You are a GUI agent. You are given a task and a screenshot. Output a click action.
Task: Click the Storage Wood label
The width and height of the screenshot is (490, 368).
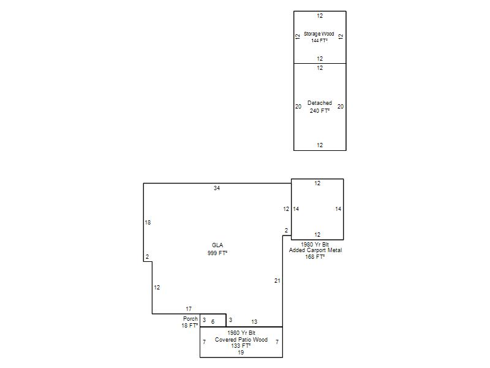[318, 34]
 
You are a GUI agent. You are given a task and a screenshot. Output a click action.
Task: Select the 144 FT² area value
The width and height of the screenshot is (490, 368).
[319, 40]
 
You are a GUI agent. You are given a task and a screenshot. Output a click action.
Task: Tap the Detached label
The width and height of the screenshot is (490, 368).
[319, 103]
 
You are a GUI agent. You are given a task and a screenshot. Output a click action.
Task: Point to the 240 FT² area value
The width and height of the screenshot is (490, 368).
[319, 111]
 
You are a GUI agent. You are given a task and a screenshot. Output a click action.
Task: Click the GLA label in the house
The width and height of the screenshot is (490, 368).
[217, 245]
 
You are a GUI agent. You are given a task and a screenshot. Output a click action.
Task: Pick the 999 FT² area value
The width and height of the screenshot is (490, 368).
[217, 253]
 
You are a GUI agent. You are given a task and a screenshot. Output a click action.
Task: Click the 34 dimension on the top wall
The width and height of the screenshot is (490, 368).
[217, 188]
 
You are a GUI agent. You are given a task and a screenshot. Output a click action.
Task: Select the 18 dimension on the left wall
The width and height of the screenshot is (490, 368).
[148, 223]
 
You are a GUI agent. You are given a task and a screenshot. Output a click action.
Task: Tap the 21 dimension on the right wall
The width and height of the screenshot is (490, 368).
[277, 281]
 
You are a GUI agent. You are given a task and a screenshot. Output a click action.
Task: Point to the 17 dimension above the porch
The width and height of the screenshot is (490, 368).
[189, 309]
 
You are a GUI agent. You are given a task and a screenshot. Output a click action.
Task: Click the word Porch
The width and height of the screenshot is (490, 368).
[190, 319]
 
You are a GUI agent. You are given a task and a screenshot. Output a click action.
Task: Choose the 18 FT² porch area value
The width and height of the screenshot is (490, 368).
[189, 326]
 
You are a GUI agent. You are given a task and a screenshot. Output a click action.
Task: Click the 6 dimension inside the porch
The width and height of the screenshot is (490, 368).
[213, 321]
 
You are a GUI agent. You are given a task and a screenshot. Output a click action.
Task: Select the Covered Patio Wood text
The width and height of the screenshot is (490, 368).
[241, 340]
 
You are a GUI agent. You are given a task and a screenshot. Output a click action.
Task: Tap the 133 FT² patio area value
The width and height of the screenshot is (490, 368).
[241, 346]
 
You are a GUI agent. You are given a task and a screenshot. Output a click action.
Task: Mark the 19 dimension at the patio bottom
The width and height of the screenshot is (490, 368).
[241, 352]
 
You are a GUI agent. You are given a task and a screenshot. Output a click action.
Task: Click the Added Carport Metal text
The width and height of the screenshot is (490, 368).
[315, 250]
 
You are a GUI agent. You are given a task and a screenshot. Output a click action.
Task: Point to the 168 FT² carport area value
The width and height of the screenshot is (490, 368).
[315, 256]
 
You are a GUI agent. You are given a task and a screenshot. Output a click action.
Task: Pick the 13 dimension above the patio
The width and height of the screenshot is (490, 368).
[254, 321]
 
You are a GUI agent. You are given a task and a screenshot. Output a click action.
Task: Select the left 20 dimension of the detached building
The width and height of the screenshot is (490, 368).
[298, 107]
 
